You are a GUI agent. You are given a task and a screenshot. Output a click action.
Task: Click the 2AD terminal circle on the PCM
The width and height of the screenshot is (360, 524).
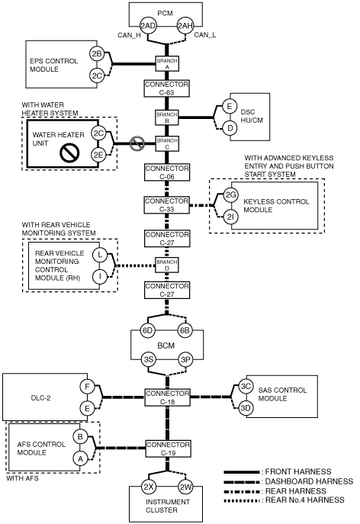coord(148,26)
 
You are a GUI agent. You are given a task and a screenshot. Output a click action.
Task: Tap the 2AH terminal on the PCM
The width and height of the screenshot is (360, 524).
coord(185,26)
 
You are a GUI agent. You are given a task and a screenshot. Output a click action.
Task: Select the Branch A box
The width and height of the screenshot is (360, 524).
coord(167,63)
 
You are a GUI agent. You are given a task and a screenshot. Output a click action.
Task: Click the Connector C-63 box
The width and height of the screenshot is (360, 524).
coord(167,88)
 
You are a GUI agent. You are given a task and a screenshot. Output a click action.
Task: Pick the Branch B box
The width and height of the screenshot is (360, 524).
coord(167,117)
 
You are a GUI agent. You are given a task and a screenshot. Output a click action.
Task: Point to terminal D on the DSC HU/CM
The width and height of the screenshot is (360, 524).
coord(230,128)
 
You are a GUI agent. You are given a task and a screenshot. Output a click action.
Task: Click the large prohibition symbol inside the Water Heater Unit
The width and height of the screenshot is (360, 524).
coord(69,153)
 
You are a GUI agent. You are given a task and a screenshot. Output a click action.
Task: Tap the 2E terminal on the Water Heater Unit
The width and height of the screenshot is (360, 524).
coord(98,154)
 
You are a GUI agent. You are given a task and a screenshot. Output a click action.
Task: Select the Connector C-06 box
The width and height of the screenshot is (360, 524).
coord(167,172)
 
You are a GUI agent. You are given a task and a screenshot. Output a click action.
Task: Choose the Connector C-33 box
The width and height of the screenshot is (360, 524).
coord(166,205)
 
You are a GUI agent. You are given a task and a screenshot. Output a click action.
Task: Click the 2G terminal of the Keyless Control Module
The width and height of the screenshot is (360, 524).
coord(230,194)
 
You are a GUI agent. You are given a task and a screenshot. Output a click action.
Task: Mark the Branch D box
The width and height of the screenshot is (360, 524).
coord(167,265)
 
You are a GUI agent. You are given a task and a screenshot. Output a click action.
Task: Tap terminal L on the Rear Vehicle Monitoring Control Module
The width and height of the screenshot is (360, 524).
coord(100,256)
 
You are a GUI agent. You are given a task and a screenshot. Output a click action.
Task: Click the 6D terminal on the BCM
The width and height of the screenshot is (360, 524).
coord(147,330)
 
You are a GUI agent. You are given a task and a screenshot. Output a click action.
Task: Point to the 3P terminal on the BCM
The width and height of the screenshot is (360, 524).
coord(185,359)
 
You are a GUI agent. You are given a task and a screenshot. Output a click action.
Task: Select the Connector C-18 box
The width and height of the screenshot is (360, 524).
coord(167,397)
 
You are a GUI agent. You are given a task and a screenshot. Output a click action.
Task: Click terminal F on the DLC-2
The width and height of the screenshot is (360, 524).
coord(87,387)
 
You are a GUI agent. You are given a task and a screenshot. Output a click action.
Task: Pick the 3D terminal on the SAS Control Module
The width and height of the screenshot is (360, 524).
coord(246,408)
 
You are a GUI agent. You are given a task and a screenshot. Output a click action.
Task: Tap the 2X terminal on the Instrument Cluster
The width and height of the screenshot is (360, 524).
coord(148,487)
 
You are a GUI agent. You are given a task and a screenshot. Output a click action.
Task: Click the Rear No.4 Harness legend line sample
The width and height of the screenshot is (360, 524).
coord(242,500)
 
